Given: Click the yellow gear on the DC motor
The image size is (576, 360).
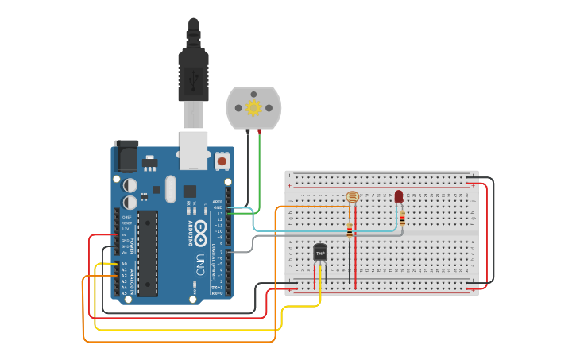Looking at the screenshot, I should tap(253, 107).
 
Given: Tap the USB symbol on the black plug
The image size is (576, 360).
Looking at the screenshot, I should tap(194, 78).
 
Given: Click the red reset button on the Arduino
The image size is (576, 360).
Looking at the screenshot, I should tap(222, 161).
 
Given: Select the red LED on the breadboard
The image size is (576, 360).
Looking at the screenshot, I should tap(399, 196).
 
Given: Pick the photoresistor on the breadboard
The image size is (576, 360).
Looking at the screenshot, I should tap(352, 196).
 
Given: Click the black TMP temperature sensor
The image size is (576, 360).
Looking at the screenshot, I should tap(320, 252).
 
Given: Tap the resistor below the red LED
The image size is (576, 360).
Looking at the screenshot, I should tap(402, 218).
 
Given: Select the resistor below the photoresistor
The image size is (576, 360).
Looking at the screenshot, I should tap(350, 229).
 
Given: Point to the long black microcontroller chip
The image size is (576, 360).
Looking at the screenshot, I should tap(147, 254).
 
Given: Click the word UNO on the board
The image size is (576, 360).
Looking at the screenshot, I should tap(200, 261).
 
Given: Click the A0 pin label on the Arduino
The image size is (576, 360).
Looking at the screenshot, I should tap(124, 263).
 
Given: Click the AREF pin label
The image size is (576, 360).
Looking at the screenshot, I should tap(218, 202).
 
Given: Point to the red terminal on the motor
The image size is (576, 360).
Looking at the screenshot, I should tap(259, 130).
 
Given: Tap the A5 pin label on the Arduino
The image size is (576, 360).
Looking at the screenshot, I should tap(124, 293).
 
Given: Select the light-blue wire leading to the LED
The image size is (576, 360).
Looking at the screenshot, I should tap(318, 231).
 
